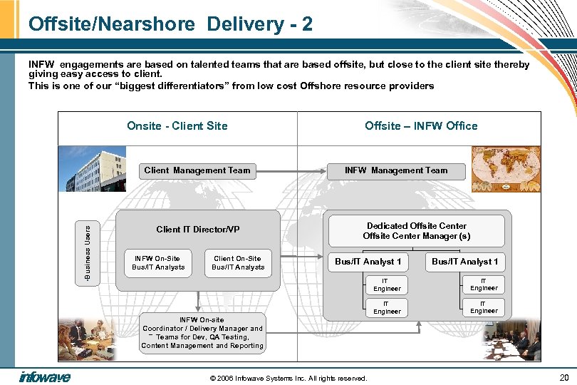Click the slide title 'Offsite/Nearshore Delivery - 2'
pos(170,24)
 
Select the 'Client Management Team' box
pos(197,170)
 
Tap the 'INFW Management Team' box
pos(396,171)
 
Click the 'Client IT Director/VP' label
pos(198,230)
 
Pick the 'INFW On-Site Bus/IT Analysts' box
pos(158,263)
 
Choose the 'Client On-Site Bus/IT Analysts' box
pos(238,263)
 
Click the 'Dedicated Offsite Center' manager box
pos(417,231)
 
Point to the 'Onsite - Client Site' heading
pos(177,126)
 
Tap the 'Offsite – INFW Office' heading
pos(421,126)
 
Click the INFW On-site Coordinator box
pos(202,333)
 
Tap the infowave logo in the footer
pos(45,376)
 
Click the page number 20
pos(564,377)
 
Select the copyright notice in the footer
pos(288,378)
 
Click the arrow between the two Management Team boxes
pos(290,171)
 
